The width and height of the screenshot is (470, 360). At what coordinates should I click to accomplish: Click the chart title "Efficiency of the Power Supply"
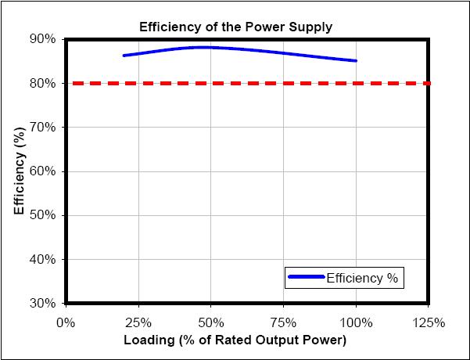coord(235,27)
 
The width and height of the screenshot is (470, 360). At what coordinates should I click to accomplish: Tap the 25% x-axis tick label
coord(138,322)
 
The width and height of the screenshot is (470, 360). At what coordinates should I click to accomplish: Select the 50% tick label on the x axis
coord(211,322)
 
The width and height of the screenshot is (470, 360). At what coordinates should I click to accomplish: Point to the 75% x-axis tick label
coord(284,322)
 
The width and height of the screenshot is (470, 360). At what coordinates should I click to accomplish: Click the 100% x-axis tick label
coord(357,322)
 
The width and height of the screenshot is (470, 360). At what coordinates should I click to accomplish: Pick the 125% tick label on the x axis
coord(429,322)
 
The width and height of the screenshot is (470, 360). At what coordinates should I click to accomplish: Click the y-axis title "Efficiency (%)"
coord(18,171)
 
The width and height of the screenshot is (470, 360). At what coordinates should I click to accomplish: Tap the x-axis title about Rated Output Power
coord(235,341)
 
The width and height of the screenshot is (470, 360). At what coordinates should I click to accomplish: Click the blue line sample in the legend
coord(305,277)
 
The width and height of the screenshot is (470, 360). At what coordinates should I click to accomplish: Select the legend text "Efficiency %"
coord(362,277)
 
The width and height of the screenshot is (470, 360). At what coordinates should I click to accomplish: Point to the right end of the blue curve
coord(356,60)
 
